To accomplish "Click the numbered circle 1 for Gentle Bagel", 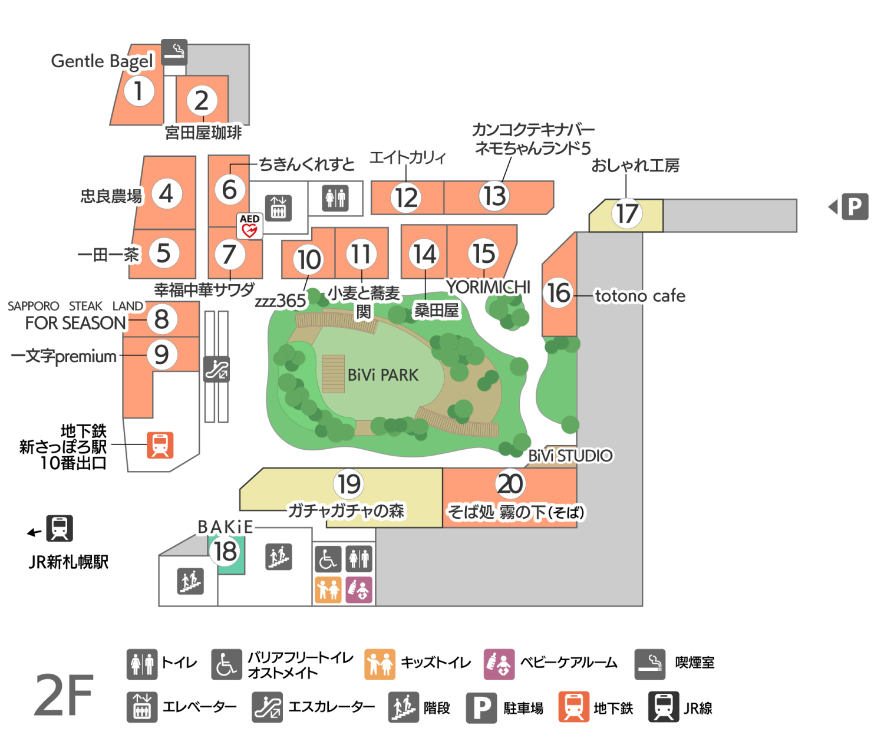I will tap(138, 91).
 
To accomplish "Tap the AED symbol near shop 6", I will tap(249, 226).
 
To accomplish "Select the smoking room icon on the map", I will tap(174, 52).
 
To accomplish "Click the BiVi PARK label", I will tap(383, 375).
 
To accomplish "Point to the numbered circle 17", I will tap(626, 213).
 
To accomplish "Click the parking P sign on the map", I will tap(855, 206).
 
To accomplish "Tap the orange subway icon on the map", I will tap(160, 445).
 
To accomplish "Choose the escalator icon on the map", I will tap(216, 370).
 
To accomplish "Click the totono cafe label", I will tap(640, 295).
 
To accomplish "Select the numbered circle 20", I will tap(510, 483).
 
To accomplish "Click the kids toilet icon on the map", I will tap(328, 589).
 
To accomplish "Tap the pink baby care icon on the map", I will tap(359, 589).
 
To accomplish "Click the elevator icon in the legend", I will tap(141, 707).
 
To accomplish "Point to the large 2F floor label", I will tap(64, 696).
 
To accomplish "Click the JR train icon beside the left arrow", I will tap(60, 528).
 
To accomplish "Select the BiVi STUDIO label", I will tap(570, 456).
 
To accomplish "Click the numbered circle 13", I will tap(494, 196).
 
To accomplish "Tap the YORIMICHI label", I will tap(488, 286).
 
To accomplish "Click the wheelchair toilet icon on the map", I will tap(328, 559).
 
